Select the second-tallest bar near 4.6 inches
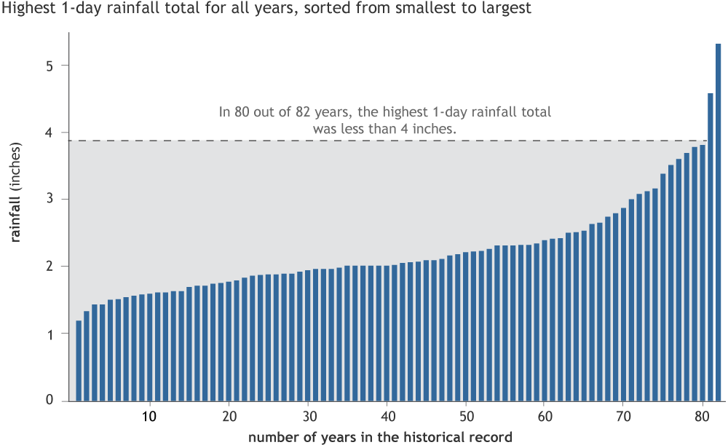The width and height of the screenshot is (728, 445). coord(711,248)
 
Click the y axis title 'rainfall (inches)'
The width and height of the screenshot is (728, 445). coord(15,194)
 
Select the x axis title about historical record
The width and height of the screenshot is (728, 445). coord(380,437)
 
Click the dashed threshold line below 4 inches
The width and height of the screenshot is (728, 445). coord(364,141)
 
